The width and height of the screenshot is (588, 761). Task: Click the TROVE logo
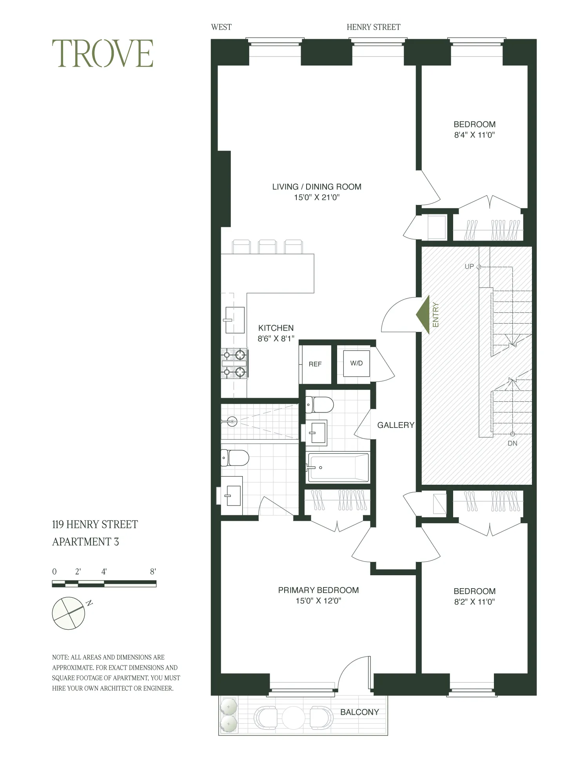click(x=102, y=54)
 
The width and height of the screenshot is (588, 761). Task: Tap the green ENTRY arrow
click(x=423, y=315)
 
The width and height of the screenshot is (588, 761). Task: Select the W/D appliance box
click(x=356, y=363)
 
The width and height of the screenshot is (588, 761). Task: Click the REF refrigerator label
click(x=315, y=364)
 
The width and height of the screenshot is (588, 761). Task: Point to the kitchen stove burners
click(x=234, y=364)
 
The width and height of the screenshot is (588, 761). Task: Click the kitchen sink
click(x=234, y=320)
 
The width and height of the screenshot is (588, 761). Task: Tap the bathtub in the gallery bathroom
click(x=338, y=467)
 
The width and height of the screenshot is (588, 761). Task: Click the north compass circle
click(x=69, y=613)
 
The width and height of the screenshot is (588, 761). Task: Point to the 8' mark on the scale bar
click(x=153, y=572)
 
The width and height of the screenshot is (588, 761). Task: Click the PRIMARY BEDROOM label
click(x=318, y=590)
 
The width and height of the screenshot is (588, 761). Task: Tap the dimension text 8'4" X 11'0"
click(x=474, y=135)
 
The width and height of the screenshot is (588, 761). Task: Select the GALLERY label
click(x=396, y=425)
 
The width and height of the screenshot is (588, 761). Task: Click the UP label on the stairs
click(x=469, y=266)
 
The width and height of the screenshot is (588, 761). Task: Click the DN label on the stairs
click(x=512, y=443)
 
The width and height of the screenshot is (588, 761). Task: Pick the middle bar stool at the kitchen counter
click(x=267, y=247)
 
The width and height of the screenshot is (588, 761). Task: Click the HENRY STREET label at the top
click(x=373, y=27)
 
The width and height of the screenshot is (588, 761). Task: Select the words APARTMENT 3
click(x=85, y=542)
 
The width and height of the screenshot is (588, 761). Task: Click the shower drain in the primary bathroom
click(x=232, y=422)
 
